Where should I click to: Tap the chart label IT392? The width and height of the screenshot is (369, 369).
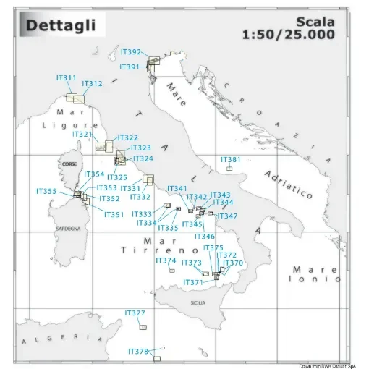[150, 52]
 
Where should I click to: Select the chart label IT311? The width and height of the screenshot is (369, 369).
[66, 77]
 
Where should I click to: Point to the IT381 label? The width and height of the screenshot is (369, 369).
[230, 159]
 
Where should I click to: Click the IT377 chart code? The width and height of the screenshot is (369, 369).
[135, 313]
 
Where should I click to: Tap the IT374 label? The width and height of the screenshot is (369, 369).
[166, 260]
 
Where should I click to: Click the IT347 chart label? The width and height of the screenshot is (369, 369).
[227, 216]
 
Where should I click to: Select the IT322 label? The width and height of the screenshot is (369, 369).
[127, 137]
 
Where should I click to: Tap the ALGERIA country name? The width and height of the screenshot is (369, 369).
[58, 339]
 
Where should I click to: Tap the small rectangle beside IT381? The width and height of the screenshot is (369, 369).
[229, 169]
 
